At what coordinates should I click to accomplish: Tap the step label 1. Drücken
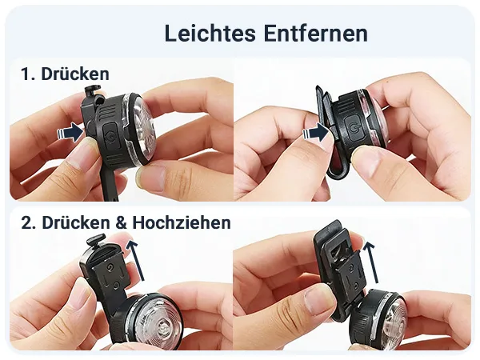click(x=65, y=74)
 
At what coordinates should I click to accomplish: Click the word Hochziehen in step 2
click(x=183, y=222)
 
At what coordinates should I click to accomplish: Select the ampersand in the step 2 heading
click(x=119, y=222)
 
